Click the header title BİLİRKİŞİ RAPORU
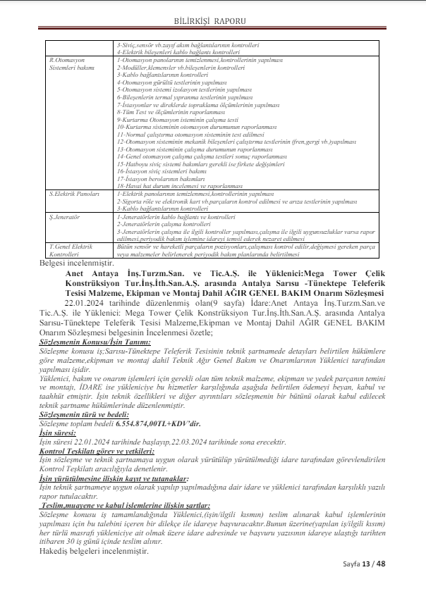click(213, 22)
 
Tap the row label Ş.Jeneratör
click(64, 218)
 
